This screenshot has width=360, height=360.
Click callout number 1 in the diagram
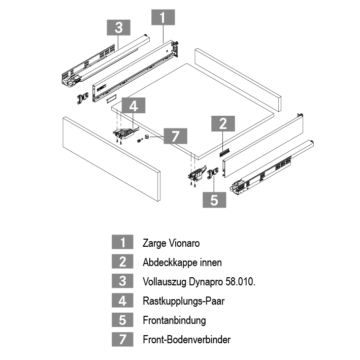click(x=162, y=18)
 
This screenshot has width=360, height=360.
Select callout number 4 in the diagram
click(x=134, y=106)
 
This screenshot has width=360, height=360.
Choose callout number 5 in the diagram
click(x=214, y=200)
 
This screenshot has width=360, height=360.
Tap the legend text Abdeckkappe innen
click(x=182, y=263)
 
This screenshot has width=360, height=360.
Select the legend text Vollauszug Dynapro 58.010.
click(x=199, y=282)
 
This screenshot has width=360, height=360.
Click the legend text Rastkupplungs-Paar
click(x=183, y=301)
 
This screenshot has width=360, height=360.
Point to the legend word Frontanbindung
click(x=174, y=320)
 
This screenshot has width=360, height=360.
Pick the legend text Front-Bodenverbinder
click(x=187, y=340)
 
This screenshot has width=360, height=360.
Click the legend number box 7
click(x=122, y=340)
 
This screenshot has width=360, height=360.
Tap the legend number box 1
click(x=122, y=243)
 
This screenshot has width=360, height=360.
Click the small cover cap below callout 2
click(x=225, y=151)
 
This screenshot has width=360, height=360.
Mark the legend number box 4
click(x=122, y=301)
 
